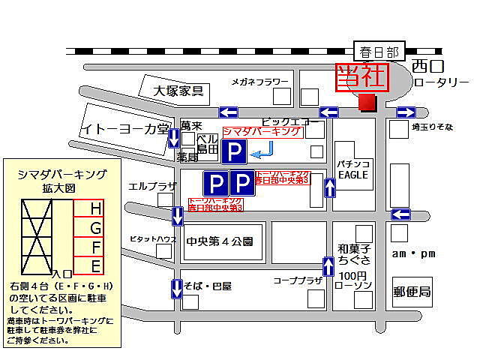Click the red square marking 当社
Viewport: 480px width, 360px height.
pos(367,102)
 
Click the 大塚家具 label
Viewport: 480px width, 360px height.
pos(179,91)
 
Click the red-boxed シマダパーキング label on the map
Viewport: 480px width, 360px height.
pos(262,132)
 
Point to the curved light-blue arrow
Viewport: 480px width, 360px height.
pos(262,154)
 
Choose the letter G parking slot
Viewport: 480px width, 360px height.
pos(95,227)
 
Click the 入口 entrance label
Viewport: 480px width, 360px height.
pos(62,275)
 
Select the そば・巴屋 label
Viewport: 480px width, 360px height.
pos(209,286)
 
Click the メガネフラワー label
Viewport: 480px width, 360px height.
pos(259,81)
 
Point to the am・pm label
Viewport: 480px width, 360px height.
pos(413,253)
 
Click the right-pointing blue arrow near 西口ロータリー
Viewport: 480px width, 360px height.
pos(406,112)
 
